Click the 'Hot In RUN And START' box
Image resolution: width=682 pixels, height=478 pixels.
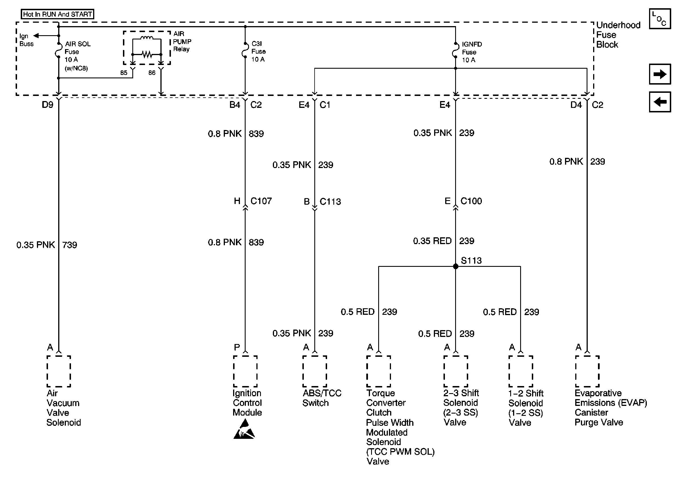tap(57, 14)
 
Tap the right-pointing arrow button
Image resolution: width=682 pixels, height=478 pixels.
tap(660, 74)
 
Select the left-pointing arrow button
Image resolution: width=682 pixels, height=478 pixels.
tap(660, 102)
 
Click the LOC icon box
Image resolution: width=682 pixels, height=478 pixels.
tap(660, 19)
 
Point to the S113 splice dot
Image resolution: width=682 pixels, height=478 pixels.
tap(455, 266)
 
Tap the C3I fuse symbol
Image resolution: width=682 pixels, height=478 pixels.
tap(245, 50)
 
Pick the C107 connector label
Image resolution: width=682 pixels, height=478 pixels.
tap(261, 201)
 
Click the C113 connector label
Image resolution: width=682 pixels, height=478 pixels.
tap(330, 202)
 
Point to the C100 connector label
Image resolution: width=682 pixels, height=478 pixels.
tap(471, 201)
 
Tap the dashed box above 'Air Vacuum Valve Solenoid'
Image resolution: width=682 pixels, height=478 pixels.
tap(59, 371)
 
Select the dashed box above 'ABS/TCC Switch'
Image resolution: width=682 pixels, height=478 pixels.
tap(315, 371)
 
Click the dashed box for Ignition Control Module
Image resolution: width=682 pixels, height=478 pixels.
tap(245, 371)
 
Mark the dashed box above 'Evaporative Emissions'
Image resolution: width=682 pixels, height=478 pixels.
tap(587, 371)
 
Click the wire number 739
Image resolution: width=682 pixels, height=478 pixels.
tap(70, 245)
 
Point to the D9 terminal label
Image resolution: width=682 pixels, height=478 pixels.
tap(47, 105)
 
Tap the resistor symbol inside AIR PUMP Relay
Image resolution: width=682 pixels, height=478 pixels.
tap(147, 54)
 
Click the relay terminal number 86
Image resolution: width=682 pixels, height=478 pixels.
tap(152, 73)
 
